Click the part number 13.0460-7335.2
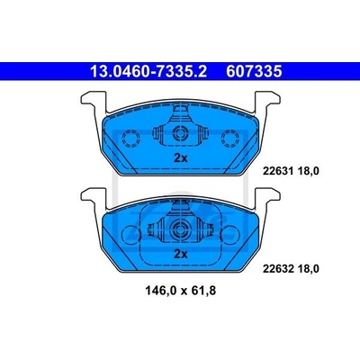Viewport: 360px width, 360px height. (x=148, y=71)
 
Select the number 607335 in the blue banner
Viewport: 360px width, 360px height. (x=254, y=71)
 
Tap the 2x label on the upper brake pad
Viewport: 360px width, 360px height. (x=181, y=158)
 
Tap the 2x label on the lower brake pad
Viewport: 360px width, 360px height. (x=181, y=255)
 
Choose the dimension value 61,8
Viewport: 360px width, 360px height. (x=203, y=291)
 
